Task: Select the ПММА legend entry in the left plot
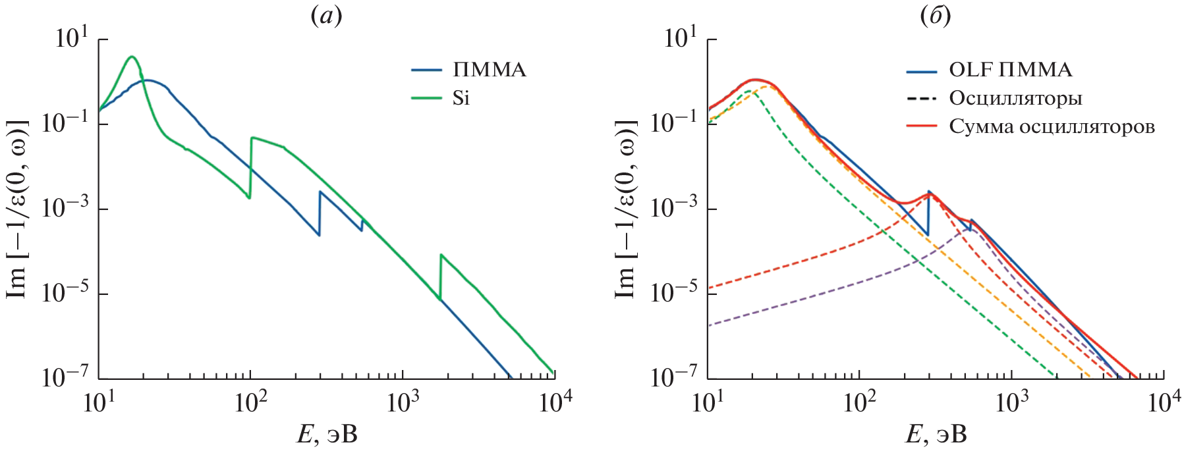489,70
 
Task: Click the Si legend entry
461,98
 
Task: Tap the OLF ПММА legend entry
1010,70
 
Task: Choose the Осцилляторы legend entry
1015,98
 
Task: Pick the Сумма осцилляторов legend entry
1052,126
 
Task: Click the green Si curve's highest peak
132,57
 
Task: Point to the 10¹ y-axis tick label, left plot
71,38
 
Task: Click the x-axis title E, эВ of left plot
327,433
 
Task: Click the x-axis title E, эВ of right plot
936,433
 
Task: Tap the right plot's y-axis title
625,209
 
